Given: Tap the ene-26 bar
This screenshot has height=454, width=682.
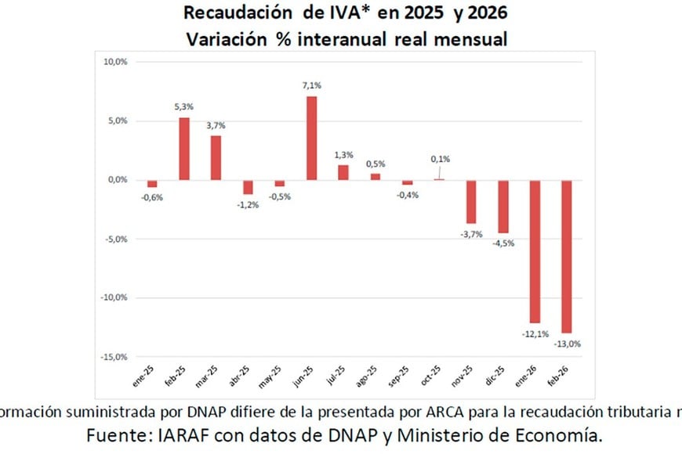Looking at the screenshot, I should (535, 251).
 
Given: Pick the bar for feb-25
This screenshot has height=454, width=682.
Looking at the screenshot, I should (184, 149).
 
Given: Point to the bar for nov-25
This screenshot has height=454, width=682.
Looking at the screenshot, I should (471, 201).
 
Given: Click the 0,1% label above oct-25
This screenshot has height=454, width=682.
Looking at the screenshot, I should (440, 159).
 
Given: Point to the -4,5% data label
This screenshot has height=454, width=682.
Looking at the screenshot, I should (503, 243).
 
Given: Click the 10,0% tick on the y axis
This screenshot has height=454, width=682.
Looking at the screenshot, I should (115, 62).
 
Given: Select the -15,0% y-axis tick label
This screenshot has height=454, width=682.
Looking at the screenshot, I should (114, 357).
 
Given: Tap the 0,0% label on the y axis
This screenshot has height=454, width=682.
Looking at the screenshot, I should (117, 180).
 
